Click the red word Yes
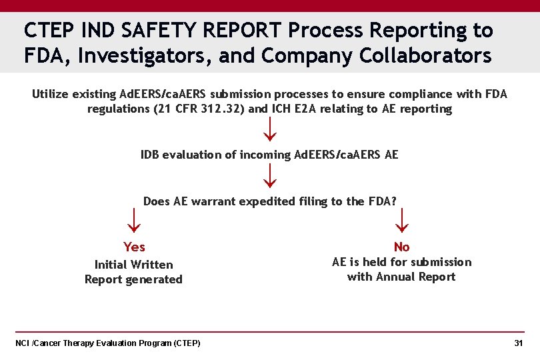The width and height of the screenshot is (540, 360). point(134,247)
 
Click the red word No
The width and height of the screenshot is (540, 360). point(401,247)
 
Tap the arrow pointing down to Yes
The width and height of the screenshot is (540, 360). point(133,219)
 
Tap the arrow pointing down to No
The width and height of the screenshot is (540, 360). point(402,219)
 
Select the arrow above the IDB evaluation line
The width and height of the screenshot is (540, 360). point(269,129)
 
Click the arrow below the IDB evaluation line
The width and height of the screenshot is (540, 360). point(269,175)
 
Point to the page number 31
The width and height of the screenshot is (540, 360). point(518,343)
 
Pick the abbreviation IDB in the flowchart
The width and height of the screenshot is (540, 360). point(150,155)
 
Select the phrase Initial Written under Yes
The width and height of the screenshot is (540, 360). point(133,265)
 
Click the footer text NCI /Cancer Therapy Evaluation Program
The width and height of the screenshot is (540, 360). point(107,343)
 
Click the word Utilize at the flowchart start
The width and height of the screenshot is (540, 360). point(52,94)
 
